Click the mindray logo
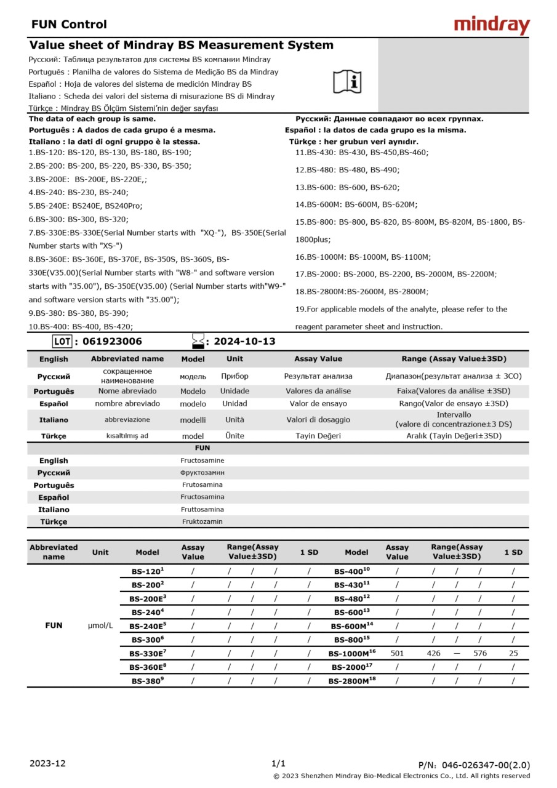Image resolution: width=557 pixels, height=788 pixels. tap(492, 25)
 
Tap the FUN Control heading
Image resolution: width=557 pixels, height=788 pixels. tap(69, 25)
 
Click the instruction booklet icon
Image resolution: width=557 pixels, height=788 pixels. tap(347, 82)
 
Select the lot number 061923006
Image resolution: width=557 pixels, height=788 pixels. tap(111, 342)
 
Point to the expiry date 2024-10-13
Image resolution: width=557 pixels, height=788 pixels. tap(244, 342)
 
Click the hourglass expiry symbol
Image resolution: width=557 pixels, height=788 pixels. tap(198, 341)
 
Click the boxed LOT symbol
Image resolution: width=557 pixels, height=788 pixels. tap(62, 342)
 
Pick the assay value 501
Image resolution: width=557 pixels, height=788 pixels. tap(397, 653)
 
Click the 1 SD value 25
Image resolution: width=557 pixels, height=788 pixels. tap(513, 653)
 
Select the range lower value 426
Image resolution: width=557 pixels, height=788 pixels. tap(433, 653)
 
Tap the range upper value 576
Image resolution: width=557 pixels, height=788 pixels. tap(480, 653)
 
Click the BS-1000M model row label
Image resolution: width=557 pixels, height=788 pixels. tap(351, 653)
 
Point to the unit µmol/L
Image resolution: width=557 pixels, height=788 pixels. tap(100, 625)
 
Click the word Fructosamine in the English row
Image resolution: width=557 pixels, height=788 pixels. tap(202, 460)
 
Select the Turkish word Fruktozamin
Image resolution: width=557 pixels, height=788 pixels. tap(202, 521)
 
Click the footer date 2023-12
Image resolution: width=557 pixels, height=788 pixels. tap(47, 763)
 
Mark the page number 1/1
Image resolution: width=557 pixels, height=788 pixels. tap(278, 763)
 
